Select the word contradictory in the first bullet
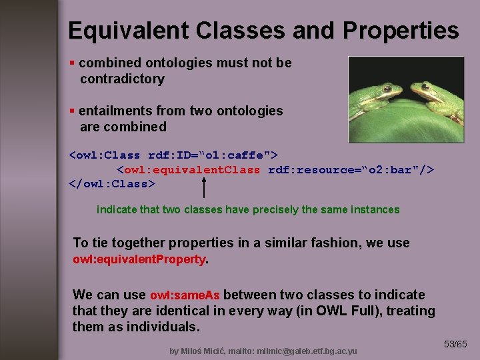(122, 79)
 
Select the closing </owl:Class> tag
(112, 183)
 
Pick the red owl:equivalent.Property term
(139, 259)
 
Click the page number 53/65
(456, 345)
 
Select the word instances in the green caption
(376, 209)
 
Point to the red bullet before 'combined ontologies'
(72, 63)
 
